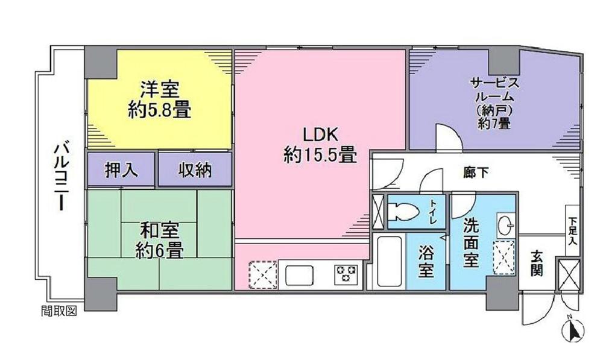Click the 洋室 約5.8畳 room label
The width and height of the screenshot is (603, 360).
coord(159,100)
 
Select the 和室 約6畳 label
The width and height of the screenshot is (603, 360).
coord(159,240)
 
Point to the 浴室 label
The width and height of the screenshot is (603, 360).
coord(426,263)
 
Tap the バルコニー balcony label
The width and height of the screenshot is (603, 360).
coord(61,175)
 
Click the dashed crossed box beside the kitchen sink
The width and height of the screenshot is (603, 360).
coord(263,275)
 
